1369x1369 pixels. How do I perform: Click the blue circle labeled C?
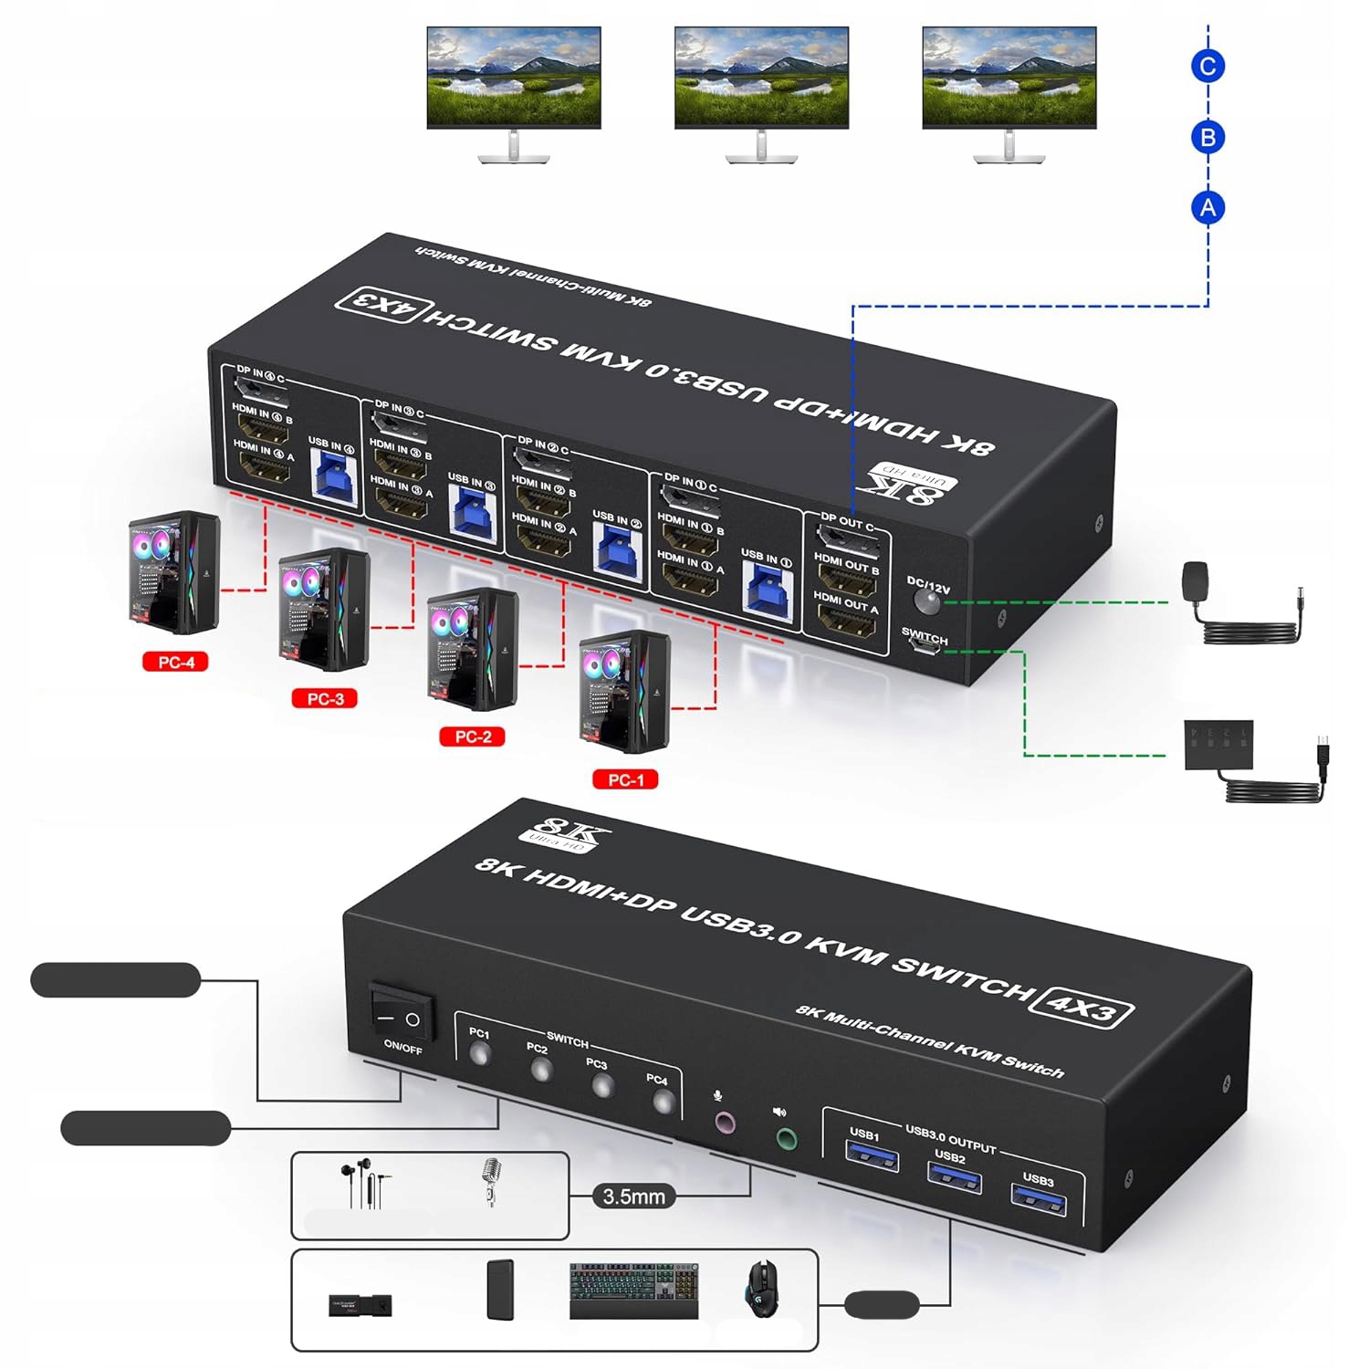tap(1207, 66)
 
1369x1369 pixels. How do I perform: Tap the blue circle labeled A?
tap(1207, 208)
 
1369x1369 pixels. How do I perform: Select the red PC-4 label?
tap(175, 662)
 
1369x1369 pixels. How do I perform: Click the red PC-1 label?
tap(625, 779)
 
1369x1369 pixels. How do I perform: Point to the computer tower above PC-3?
tap(324, 609)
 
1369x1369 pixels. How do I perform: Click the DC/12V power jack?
tap(928, 602)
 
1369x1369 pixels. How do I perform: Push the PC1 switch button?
tap(479, 1055)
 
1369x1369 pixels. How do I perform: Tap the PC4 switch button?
tap(664, 1103)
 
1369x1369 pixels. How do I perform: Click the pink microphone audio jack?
tap(724, 1123)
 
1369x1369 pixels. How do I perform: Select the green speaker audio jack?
tap(786, 1139)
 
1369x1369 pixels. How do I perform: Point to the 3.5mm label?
tap(634, 1196)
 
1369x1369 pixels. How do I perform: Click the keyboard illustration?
tap(634, 1290)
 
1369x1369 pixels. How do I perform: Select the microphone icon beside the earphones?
tap(491, 1181)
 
